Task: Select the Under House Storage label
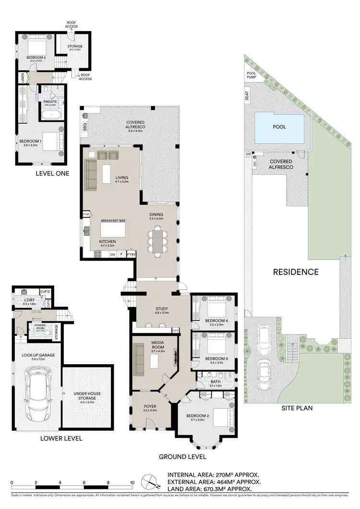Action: [87, 396]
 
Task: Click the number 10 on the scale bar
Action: [132, 483]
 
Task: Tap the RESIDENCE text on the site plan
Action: [296, 272]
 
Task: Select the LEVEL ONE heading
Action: [52, 173]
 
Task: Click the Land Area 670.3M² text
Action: [214, 488]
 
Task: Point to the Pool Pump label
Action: [252, 74]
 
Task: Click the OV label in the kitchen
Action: [113, 255]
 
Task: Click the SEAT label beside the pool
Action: [247, 96]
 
